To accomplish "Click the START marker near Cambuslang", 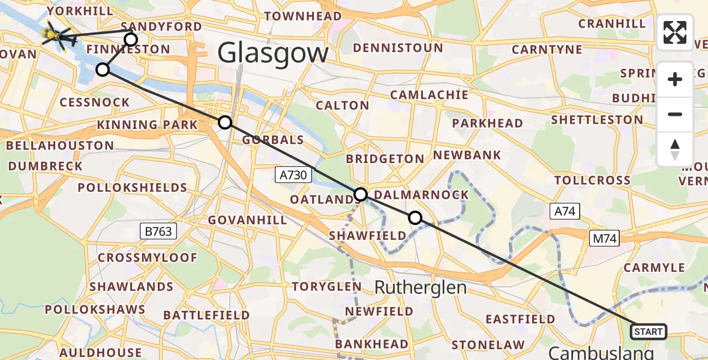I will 648,331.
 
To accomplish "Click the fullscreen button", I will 675,32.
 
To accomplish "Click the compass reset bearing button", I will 675,149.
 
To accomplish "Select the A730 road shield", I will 294,175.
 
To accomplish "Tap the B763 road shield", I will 158,231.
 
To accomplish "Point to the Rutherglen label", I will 420,287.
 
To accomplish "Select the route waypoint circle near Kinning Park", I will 224,123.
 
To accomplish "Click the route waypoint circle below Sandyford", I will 130,40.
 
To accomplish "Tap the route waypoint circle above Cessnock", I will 103,70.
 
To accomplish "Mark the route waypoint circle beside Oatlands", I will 361,194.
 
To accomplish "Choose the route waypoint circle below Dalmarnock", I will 415,217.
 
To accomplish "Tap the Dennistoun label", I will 398,48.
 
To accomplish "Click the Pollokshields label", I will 133,188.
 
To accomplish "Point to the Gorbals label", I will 273,140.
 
